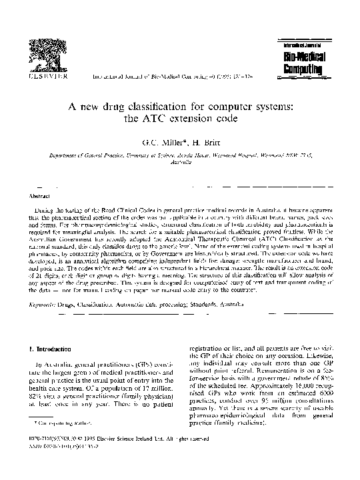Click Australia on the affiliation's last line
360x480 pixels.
coord(180,161)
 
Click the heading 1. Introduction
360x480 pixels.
coord(47,349)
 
